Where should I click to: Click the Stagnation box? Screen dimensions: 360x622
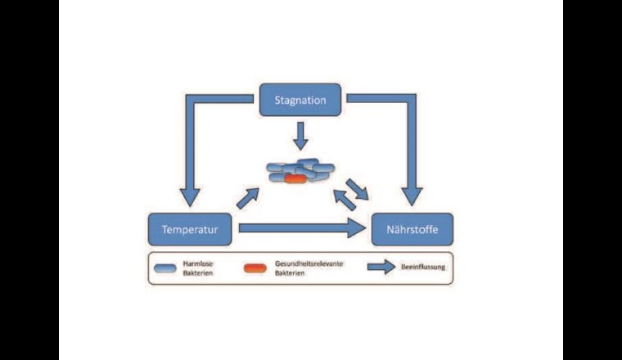point(300,100)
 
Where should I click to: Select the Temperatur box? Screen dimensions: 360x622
point(190,230)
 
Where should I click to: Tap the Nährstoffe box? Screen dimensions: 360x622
point(412,230)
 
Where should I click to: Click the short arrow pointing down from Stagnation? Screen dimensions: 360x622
point(300,136)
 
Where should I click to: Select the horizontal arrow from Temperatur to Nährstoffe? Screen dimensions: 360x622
point(295,228)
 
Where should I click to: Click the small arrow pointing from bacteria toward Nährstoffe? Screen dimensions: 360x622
point(358,189)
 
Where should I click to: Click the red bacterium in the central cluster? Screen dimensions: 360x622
point(295,178)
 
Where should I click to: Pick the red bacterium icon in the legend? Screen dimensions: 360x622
point(255,268)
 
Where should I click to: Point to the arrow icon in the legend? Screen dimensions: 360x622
point(381,267)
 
